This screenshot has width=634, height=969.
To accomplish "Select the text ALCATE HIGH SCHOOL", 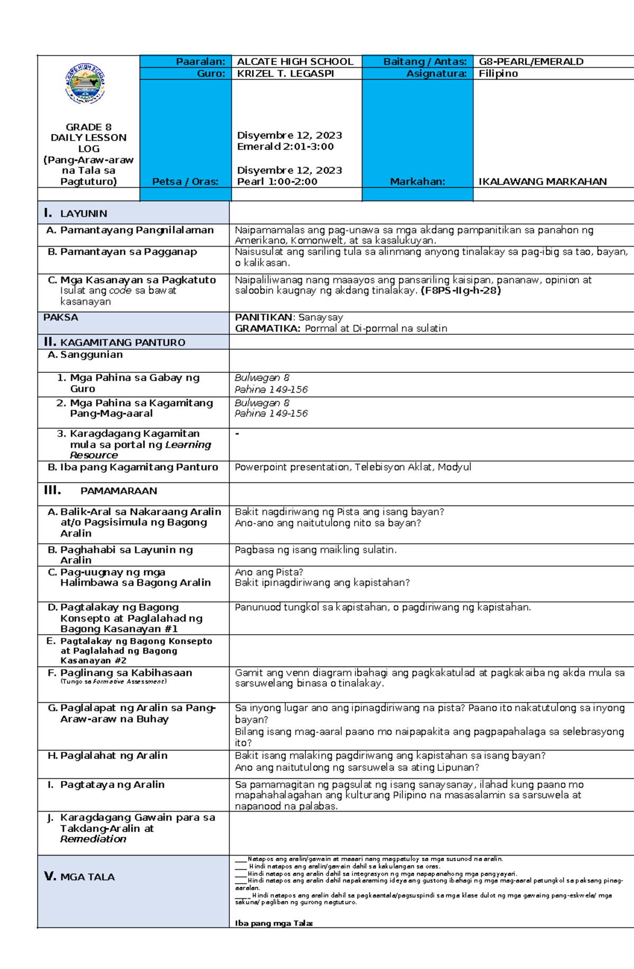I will point(295,62).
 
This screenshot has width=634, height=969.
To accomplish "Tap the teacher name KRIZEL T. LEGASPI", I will point(285,74).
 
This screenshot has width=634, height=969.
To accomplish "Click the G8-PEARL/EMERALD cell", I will point(530,62).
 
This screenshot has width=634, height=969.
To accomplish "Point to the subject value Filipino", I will point(498,74).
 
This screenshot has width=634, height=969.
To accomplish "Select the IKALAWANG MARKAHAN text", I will point(542,182).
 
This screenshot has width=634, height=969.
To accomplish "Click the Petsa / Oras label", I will point(185,182).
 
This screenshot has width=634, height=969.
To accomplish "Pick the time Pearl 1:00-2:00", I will point(277,182).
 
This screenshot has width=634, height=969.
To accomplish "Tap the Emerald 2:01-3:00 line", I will point(285,147).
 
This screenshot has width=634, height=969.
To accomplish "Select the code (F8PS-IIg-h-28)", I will point(460,290).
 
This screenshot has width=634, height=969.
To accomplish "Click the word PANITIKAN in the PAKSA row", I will point(263,317).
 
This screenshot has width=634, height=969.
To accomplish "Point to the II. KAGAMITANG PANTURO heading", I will point(115,342).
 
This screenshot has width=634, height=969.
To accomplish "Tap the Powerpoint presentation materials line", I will point(352,467).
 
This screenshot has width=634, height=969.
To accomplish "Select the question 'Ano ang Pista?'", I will point(269,572).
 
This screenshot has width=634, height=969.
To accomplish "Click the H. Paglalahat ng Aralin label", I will point(107,756).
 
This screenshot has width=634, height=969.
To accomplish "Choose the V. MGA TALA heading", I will point(79,877).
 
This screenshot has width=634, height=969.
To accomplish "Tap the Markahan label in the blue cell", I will point(417,182).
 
